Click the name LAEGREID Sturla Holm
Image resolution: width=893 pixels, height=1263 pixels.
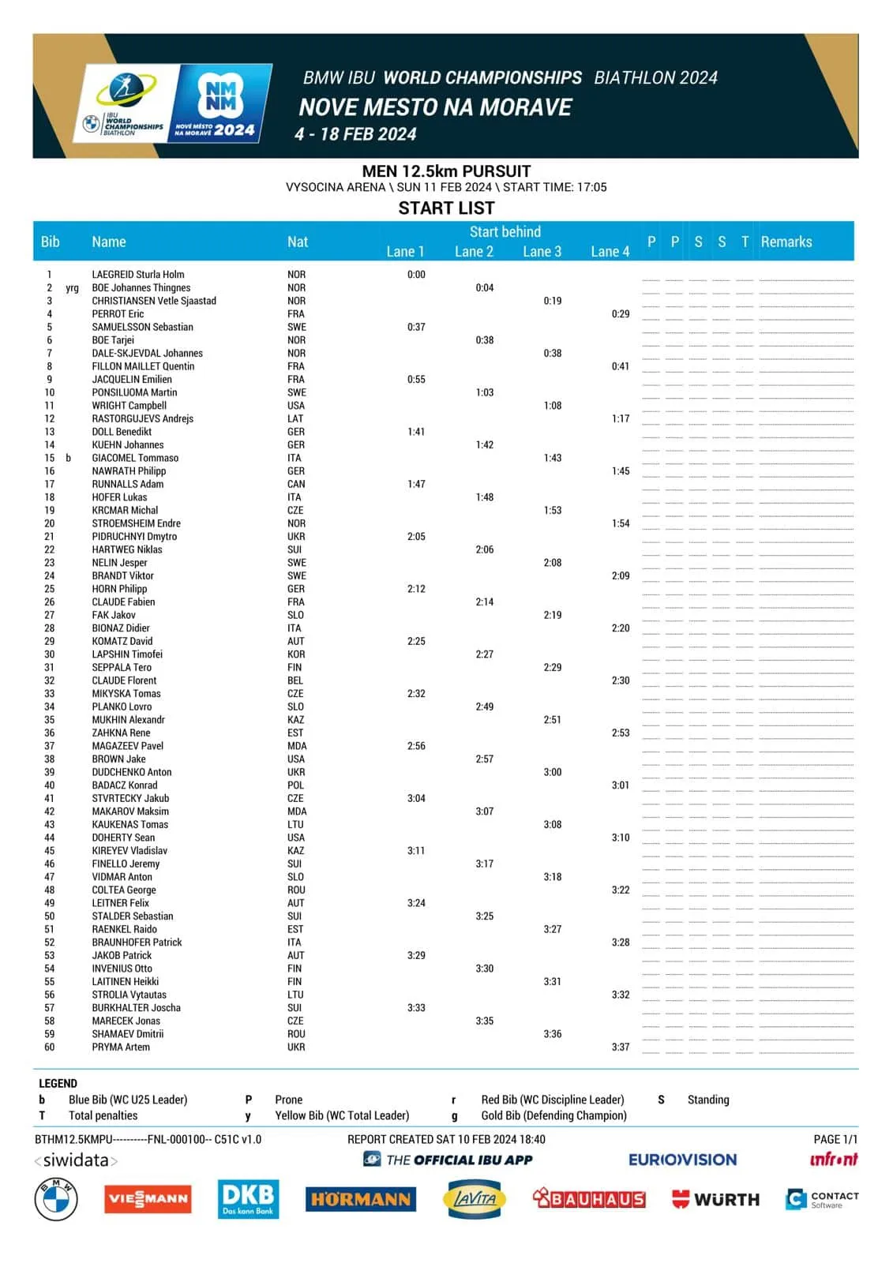coord(138,275)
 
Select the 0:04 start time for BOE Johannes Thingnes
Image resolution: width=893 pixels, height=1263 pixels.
coord(484,288)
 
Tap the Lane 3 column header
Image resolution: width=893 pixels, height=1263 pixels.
coord(542,252)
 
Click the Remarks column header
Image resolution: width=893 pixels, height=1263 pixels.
coord(786,242)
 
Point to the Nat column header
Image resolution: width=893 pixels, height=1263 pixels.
coord(298,242)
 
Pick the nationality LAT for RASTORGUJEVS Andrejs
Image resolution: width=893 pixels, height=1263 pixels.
coord(295,419)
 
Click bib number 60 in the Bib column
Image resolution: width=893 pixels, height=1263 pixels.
coord(50,1048)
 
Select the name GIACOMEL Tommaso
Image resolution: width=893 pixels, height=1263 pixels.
coord(135,458)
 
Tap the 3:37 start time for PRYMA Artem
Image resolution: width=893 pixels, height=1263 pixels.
coord(621,1048)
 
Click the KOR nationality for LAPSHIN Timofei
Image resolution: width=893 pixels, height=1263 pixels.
coord(296,654)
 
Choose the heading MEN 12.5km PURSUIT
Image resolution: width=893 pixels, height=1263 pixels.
coord(446,171)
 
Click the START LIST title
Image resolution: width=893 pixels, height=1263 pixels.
coord(446,208)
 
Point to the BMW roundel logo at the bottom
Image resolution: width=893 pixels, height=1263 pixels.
coord(56,1198)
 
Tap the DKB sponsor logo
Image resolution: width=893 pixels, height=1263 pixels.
coord(248,1198)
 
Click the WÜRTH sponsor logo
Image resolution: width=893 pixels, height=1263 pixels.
coord(715,1199)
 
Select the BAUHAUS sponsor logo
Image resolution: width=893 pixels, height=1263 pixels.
coord(589,1199)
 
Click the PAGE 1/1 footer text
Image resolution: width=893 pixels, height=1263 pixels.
coord(835,1140)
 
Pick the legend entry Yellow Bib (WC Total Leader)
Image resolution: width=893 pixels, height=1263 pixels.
coord(342,1115)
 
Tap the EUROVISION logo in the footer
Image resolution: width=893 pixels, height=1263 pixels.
coord(682,1160)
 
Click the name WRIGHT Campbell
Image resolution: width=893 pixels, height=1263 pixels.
coord(129,406)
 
